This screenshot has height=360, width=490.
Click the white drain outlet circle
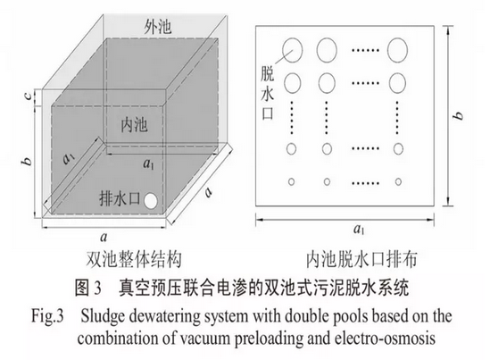(151, 201)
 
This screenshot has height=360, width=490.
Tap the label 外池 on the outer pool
(158, 26)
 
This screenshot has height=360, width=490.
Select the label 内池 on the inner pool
(134, 125)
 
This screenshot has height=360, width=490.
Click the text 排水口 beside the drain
(120, 198)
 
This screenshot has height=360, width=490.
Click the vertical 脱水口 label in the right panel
(268, 93)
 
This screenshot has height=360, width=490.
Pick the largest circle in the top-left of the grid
(292, 50)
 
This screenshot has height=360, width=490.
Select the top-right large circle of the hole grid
(397, 50)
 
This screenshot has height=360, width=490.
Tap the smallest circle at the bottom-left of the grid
(291, 181)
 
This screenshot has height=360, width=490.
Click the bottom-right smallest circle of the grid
(398, 181)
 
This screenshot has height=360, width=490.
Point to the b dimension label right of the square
(459, 115)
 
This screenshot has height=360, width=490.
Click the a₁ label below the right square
(359, 230)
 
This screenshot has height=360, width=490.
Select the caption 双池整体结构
(134, 259)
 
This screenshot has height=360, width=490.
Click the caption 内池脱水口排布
(361, 259)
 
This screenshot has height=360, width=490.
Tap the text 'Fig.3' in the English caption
(47, 315)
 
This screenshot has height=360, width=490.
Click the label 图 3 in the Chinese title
(88, 288)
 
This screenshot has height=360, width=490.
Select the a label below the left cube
(104, 238)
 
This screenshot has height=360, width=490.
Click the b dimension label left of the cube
(28, 161)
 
